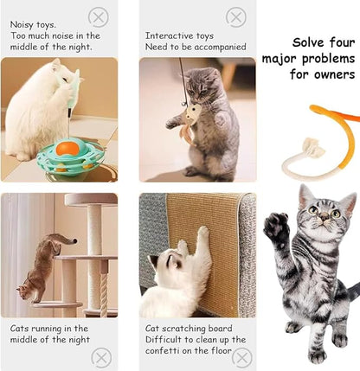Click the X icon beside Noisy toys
pos(100,17)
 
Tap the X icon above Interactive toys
pos(235,16)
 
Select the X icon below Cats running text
pos(102,356)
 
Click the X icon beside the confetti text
pos(242,356)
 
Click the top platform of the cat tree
pos(91,199)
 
